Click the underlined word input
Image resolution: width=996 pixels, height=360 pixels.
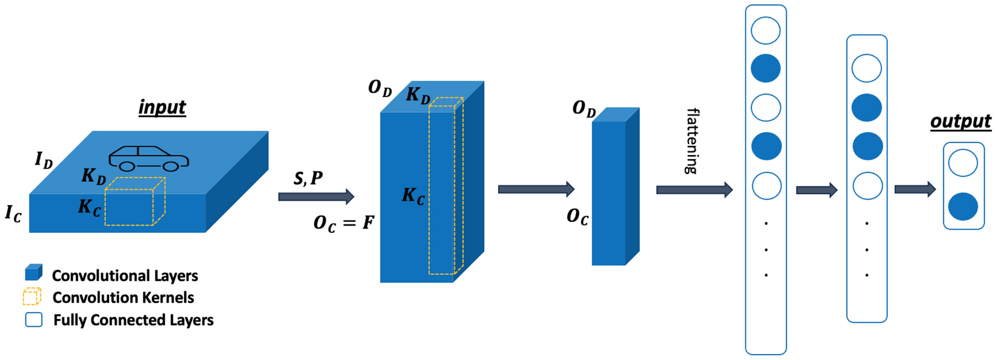click(162, 108)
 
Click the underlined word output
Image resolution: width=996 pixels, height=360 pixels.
click(961, 121)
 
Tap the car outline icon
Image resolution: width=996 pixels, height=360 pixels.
click(149, 159)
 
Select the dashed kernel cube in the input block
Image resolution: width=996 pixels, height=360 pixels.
click(135, 201)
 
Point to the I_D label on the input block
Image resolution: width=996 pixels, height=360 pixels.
click(43, 159)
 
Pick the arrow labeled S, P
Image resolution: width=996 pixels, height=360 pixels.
click(316, 196)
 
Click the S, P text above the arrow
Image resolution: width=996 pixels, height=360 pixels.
click(308, 178)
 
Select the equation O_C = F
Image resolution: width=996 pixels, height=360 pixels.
click(344, 223)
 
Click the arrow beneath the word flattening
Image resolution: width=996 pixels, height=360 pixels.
click(694, 189)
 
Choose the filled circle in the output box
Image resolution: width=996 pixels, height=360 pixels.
click(963, 206)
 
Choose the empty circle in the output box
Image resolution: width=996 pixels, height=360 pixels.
click(963, 163)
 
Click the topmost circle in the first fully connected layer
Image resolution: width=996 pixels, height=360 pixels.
click(766, 30)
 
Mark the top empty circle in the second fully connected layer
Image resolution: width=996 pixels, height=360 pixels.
click(866, 68)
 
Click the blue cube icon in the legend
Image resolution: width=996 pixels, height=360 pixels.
click(34, 273)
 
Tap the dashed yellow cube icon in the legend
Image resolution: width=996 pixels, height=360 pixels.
click(32, 296)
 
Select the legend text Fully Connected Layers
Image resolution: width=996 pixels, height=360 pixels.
click(133, 320)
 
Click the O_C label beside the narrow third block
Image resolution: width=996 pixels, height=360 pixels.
click(577, 217)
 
